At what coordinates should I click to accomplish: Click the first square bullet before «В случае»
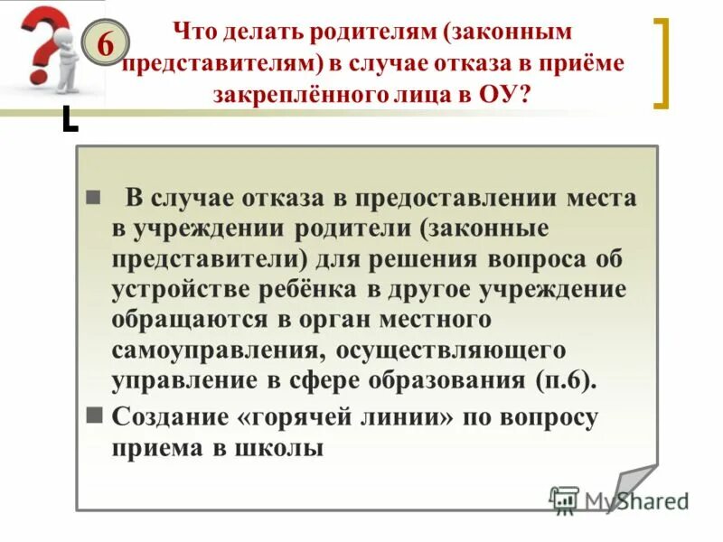click(x=91, y=199)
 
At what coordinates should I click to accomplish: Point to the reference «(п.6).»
click(x=567, y=379)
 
